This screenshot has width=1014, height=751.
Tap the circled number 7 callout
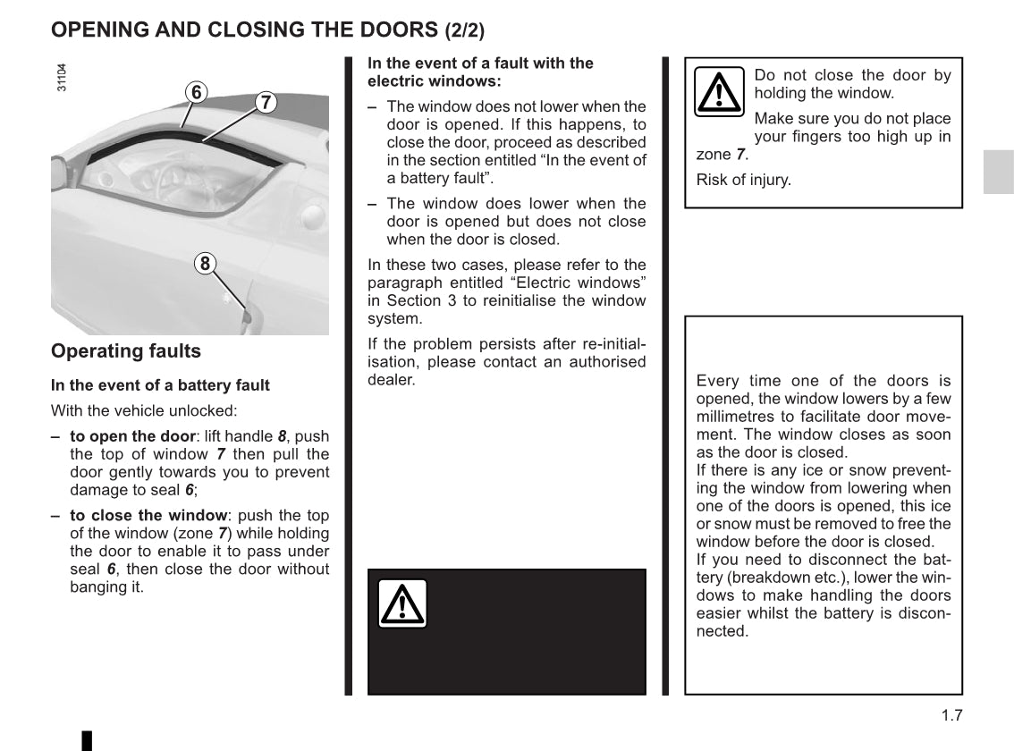click(x=265, y=102)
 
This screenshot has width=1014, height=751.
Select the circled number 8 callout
click(x=205, y=263)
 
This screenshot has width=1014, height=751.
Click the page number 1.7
click(x=951, y=714)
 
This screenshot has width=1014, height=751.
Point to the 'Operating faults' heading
click(x=126, y=351)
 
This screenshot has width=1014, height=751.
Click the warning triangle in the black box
click(x=402, y=603)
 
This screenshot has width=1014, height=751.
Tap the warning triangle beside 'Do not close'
click(x=720, y=91)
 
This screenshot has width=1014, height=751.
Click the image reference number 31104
click(x=61, y=77)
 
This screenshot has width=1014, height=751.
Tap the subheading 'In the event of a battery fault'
click(x=160, y=385)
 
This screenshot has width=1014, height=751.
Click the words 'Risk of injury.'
click(x=744, y=180)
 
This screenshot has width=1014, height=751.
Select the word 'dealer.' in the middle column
click(x=392, y=380)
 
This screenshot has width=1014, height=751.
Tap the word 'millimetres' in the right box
click(x=734, y=417)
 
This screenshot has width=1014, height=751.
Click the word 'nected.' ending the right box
click(x=722, y=631)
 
